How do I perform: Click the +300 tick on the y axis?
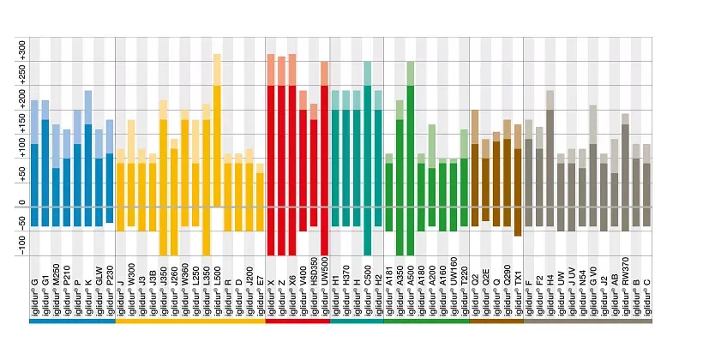pyautogui.click(x=21, y=47)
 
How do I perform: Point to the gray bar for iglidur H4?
pyautogui.click(x=550, y=163)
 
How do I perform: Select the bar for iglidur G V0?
pyautogui.click(x=592, y=171)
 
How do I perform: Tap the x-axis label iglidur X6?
pyautogui.click(x=292, y=288)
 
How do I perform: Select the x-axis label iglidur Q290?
pyautogui.click(x=507, y=286)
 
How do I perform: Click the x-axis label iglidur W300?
pyautogui.click(x=131, y=286)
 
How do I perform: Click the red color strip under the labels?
pyautogui.click(x=297, y=322)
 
